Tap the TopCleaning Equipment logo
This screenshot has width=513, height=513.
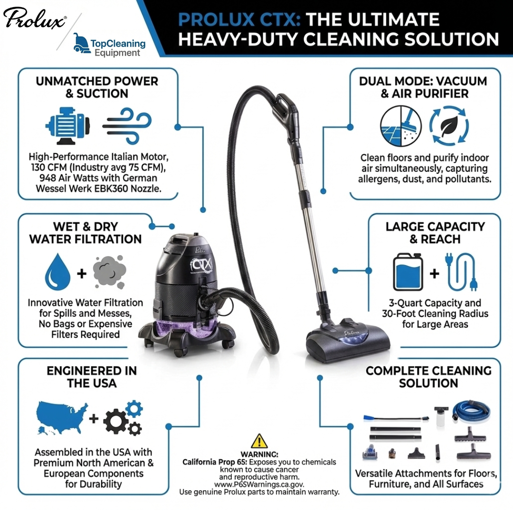click(x=110, y=46)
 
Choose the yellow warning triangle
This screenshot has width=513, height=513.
click(x=259, y=441)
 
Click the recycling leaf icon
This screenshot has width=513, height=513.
click(x=449, y=125)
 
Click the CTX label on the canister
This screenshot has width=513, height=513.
click(x=203, y=262)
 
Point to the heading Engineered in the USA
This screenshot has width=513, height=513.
click(x=92, y=377)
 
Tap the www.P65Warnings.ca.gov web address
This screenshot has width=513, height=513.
click(x=259, y=484)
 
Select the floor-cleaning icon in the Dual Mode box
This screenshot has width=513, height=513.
click(x=401, y=125)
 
